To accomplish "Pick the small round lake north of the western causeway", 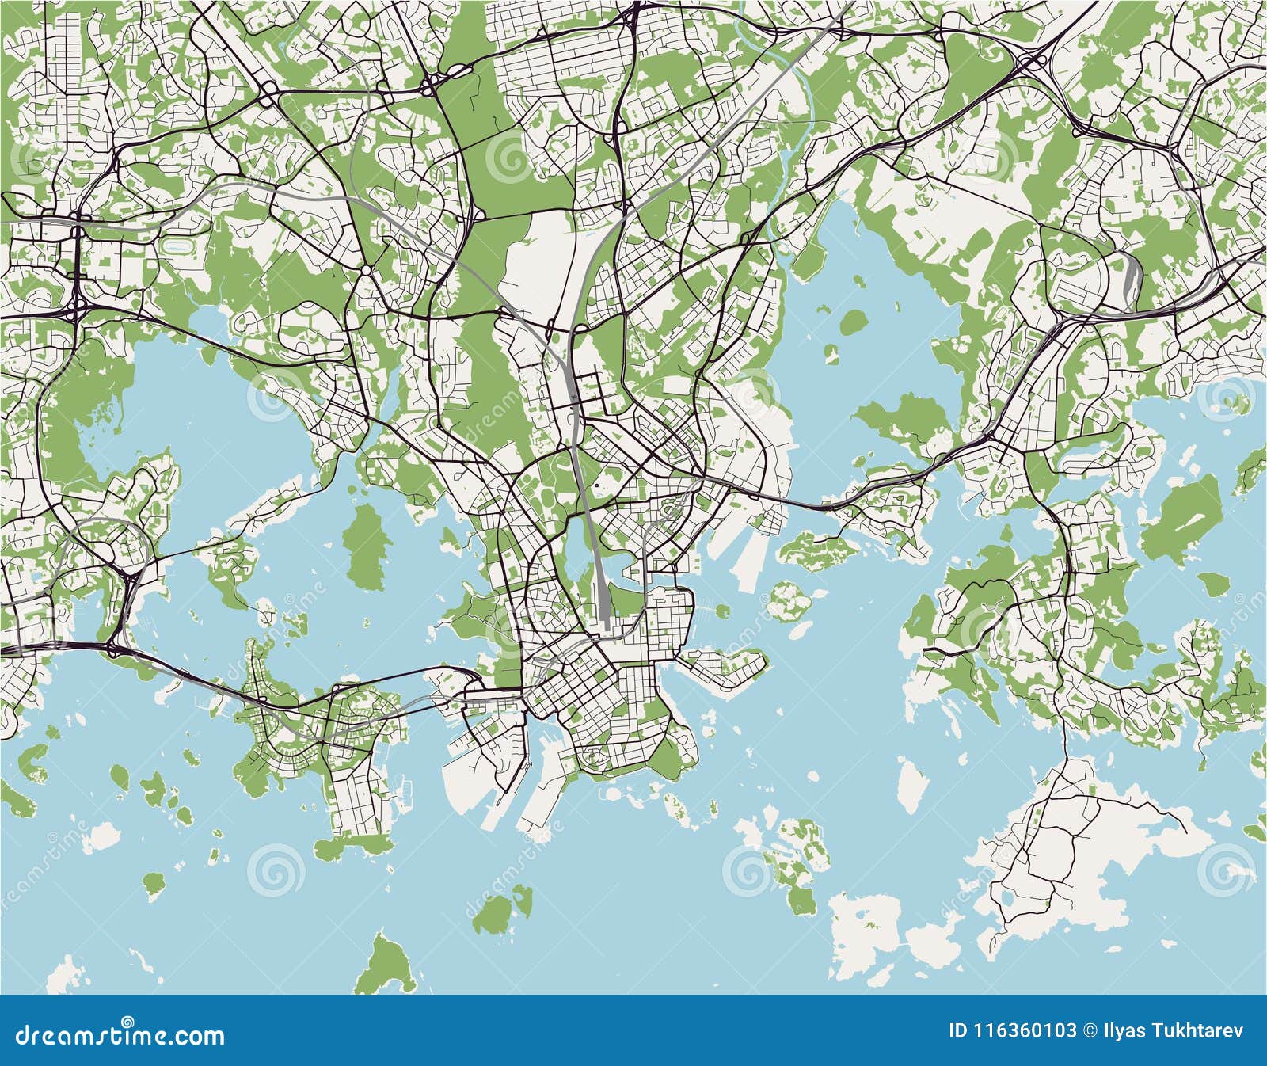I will pos(207,323).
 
